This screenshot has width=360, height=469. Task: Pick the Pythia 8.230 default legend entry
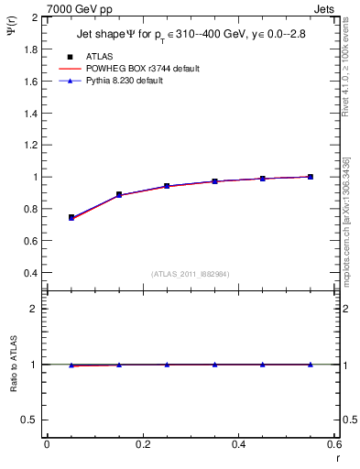pos(136,82)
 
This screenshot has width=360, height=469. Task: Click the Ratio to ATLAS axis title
pos(13,365)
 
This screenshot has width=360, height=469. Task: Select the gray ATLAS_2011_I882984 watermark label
pos(190,274)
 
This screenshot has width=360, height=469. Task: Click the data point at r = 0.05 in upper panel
pos(71,217)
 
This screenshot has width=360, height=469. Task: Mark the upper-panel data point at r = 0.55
pos(311,177)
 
